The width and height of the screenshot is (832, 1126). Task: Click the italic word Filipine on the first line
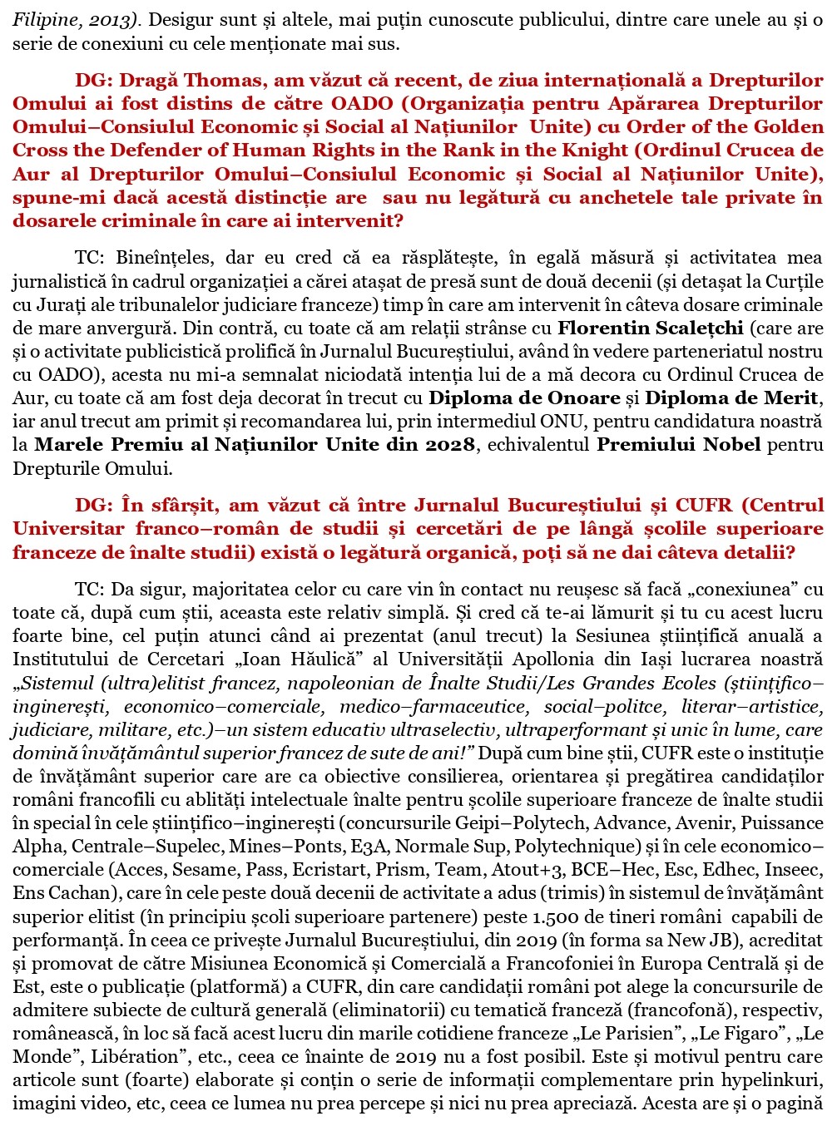pyautogui.click(x=41, y=20)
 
